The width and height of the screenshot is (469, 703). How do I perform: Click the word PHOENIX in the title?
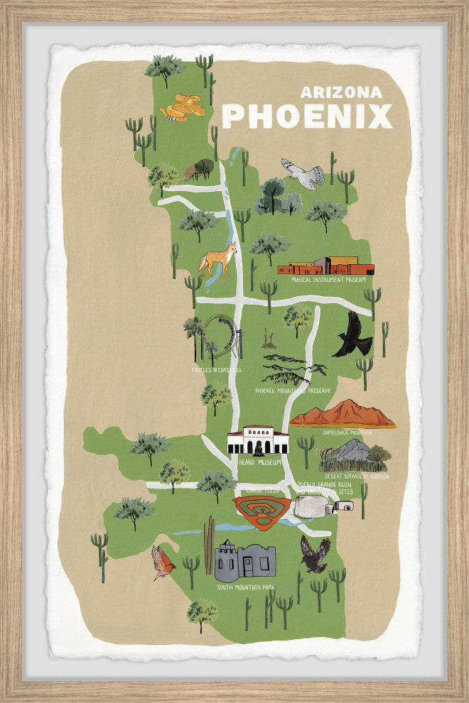coord(307,116)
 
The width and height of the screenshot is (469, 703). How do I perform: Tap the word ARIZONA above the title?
coord(341,92)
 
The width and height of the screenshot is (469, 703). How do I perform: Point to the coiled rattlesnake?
coord(182,107)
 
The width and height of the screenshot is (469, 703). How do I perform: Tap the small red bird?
coord(163,562)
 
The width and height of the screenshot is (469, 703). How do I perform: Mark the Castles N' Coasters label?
coord(217,370)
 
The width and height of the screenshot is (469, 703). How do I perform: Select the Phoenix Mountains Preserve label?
coord(293,391)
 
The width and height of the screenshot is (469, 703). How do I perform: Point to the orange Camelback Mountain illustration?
coord(343,414)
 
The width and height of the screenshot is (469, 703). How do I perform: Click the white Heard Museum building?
coord(257,441)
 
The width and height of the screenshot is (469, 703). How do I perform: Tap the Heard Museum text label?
coord(257,462)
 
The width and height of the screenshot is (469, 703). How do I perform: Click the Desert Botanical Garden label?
coord(357,476)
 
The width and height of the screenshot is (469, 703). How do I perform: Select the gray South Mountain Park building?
coord(246,561)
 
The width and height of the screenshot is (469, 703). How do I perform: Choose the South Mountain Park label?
coord(245,588)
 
